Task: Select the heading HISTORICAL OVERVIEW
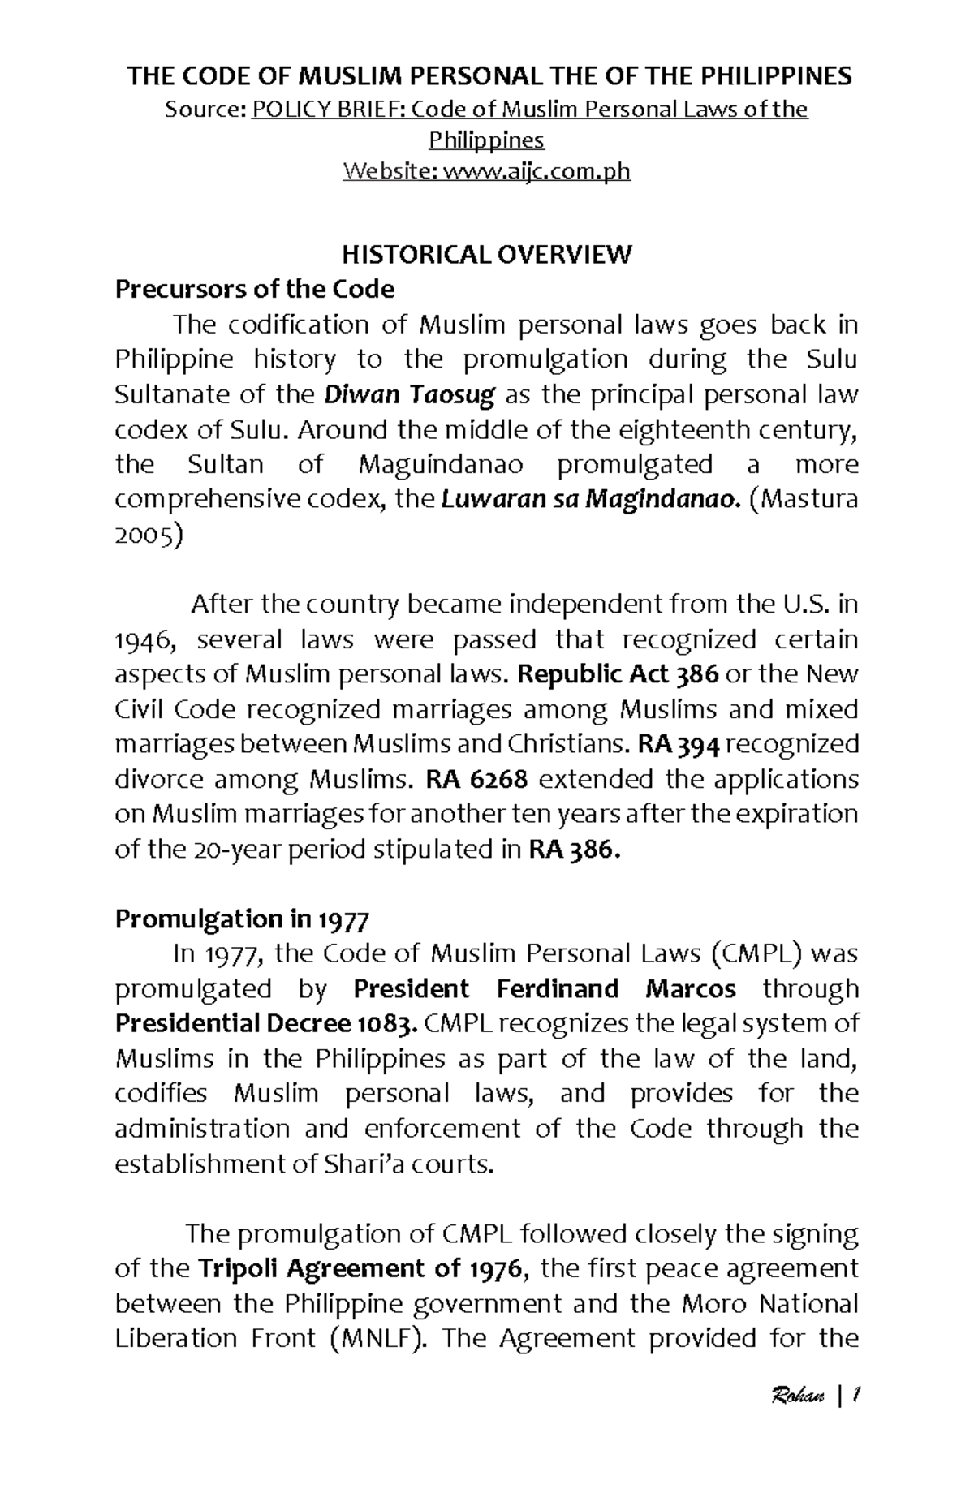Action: [486, 255]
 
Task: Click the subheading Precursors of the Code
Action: [254, 289]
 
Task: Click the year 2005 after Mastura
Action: [149, 536]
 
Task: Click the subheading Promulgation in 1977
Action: [242, 919]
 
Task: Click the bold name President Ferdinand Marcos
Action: [545, 989]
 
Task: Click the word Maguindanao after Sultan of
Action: [440, 465]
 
